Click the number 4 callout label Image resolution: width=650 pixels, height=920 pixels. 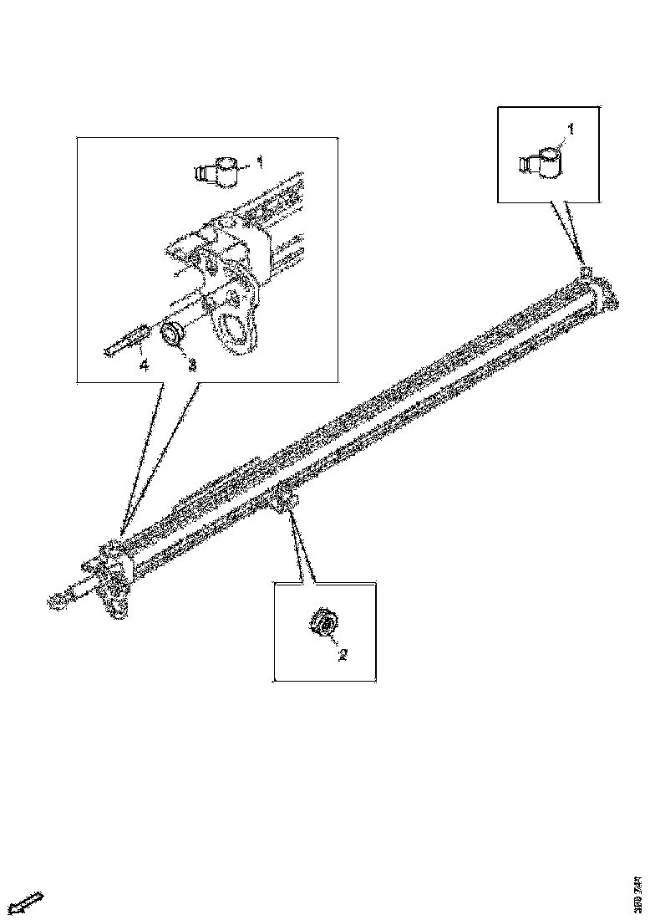click(144, 365)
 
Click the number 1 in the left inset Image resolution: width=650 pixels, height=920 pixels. click(261, 161)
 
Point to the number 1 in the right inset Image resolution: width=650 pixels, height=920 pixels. click(571, 129)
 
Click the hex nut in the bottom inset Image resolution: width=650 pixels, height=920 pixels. click(322, 624)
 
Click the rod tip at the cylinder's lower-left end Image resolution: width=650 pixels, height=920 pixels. click(56, 599)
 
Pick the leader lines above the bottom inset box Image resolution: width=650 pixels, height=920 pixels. click(302, 548)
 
